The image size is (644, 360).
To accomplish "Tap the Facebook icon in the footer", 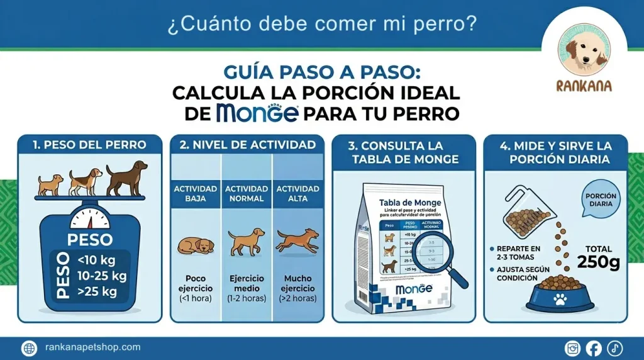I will coord(593,348).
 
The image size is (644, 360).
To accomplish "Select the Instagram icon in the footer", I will coord(573,348).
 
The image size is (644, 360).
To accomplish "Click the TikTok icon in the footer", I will coord(614,348).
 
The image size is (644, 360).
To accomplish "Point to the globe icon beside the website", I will coord(30,348).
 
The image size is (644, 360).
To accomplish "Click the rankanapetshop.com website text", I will coord(93,347).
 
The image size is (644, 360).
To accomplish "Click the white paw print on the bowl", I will coord(559,300).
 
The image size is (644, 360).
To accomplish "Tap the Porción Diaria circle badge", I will coord(601,200).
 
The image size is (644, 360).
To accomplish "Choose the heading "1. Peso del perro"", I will coord(89,145).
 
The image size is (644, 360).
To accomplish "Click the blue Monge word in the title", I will coord(256,114).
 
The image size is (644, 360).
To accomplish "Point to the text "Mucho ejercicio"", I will coord(298,283).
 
